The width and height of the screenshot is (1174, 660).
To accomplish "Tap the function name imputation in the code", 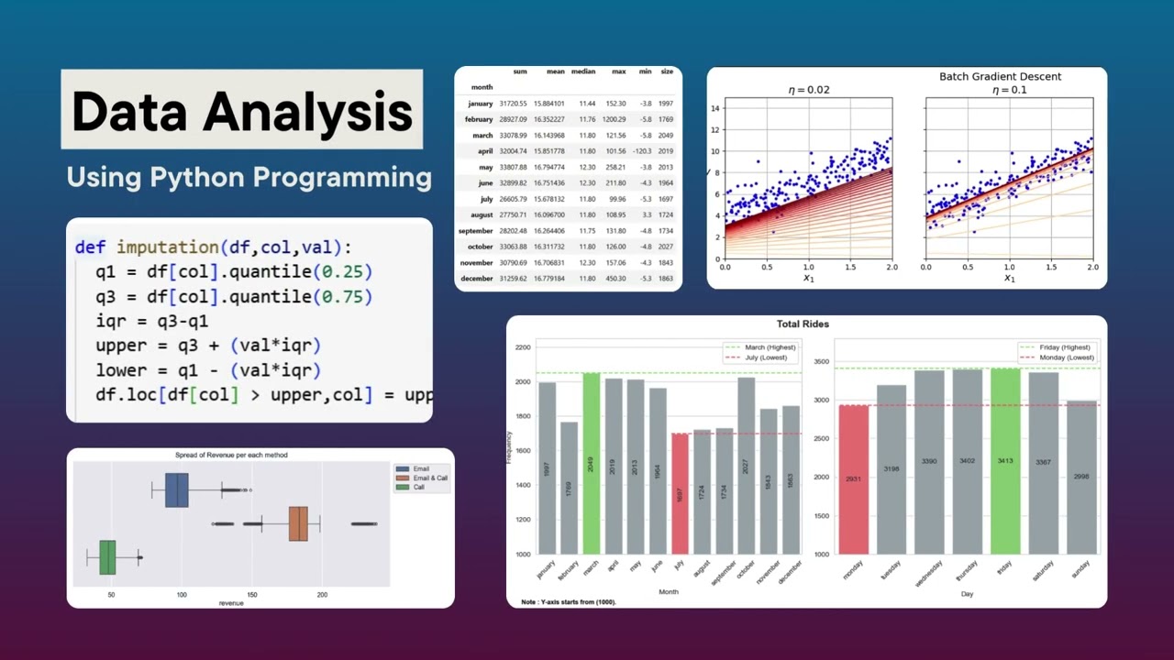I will click(167, 247).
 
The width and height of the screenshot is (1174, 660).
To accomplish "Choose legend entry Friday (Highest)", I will click(1064, 347).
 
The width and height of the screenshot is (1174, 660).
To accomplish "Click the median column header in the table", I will click(583, 71).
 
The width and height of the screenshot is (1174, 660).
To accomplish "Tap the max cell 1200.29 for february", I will click(614, 119).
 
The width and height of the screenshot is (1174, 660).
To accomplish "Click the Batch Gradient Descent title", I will click(1000, 77).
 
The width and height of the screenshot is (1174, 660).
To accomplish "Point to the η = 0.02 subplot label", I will click(809, 90).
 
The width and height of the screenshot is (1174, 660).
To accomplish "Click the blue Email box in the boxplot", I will click(176, 490).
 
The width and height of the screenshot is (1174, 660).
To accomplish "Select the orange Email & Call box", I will click(298, 523).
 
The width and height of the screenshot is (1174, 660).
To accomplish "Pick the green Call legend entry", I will click(418, 488).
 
